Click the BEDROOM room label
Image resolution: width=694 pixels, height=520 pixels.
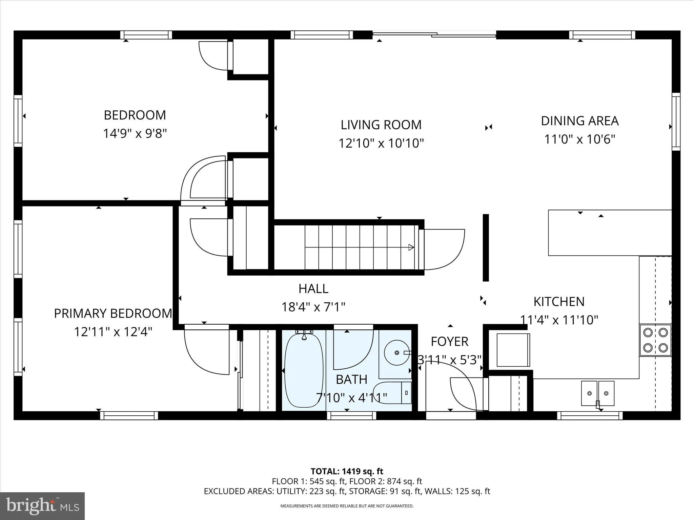pyautogui.click(x=135, y=115)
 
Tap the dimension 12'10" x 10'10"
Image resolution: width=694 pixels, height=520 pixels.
pyautogui.click(x=381, y=143)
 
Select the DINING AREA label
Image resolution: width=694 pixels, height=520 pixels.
pyautogui.click(x=579, y=121)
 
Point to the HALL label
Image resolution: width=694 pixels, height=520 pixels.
pyautogui.click(x=313, y=289)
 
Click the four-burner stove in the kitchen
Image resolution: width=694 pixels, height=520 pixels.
pyautogui.click(x=655, y=340)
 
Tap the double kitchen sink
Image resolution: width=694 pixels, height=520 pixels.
pyautogui.click(x=598, y=393)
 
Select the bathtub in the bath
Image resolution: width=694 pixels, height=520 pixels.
pyautogui.click(x=304, y=371)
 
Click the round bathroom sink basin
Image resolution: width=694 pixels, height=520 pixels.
pyautogui.click(x=396, y=352)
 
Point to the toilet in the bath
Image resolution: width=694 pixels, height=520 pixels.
pyautogui.click(x=393, y=393)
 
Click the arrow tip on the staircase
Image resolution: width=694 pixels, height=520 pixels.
pyautogui.click(x=411, y=247)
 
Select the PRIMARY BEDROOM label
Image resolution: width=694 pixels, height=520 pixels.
pyautogui.click(x=113, y=313)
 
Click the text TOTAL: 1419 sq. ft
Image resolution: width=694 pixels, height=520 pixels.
pyautogui.click(x=347, y=471)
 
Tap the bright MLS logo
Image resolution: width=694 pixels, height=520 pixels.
pyautogui.click(x=42, y=506)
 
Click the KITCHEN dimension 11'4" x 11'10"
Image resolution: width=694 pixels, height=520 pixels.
pyautogui.click(x=559, y=320)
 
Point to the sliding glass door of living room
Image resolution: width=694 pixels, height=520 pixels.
pyautogui.click(x=434, y=34)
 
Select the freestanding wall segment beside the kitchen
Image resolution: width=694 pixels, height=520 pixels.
pyautogui.click(x=486, y=247)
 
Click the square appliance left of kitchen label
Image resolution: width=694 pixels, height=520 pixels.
pyautogui.click(x=513, y=350)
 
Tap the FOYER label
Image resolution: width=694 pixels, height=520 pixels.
pyautogui.click(x=449, y=342)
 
